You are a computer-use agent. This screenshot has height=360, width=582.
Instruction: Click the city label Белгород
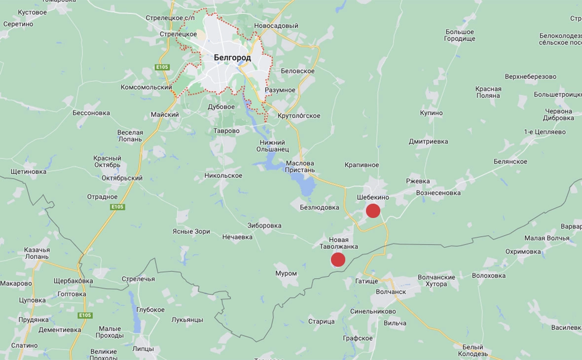232,58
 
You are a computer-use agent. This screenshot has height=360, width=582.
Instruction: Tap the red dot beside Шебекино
373,211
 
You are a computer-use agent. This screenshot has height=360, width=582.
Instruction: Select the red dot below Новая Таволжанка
338,259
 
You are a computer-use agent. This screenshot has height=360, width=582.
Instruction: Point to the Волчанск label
391,292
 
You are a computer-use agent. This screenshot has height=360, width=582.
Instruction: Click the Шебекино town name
373,197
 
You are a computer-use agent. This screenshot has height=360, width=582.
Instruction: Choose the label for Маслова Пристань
299,167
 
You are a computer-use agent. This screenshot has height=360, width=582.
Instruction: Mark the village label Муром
286,273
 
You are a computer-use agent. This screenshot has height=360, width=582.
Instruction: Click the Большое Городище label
460,35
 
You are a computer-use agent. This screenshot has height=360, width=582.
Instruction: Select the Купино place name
432,113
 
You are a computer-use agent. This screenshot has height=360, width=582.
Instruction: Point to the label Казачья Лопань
36,253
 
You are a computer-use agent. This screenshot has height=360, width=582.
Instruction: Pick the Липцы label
143,349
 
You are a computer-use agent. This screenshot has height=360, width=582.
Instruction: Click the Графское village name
358,338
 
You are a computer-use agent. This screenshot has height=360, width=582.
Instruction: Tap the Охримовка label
523,252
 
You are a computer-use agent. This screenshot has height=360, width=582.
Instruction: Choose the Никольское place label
223,176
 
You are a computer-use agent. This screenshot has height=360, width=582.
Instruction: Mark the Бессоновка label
91,113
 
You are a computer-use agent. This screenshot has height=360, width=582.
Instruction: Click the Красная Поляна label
488,92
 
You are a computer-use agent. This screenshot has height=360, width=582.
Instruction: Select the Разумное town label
280,90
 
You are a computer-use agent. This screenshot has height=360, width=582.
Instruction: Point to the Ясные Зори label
191,231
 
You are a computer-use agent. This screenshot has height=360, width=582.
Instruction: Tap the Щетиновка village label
28,172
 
